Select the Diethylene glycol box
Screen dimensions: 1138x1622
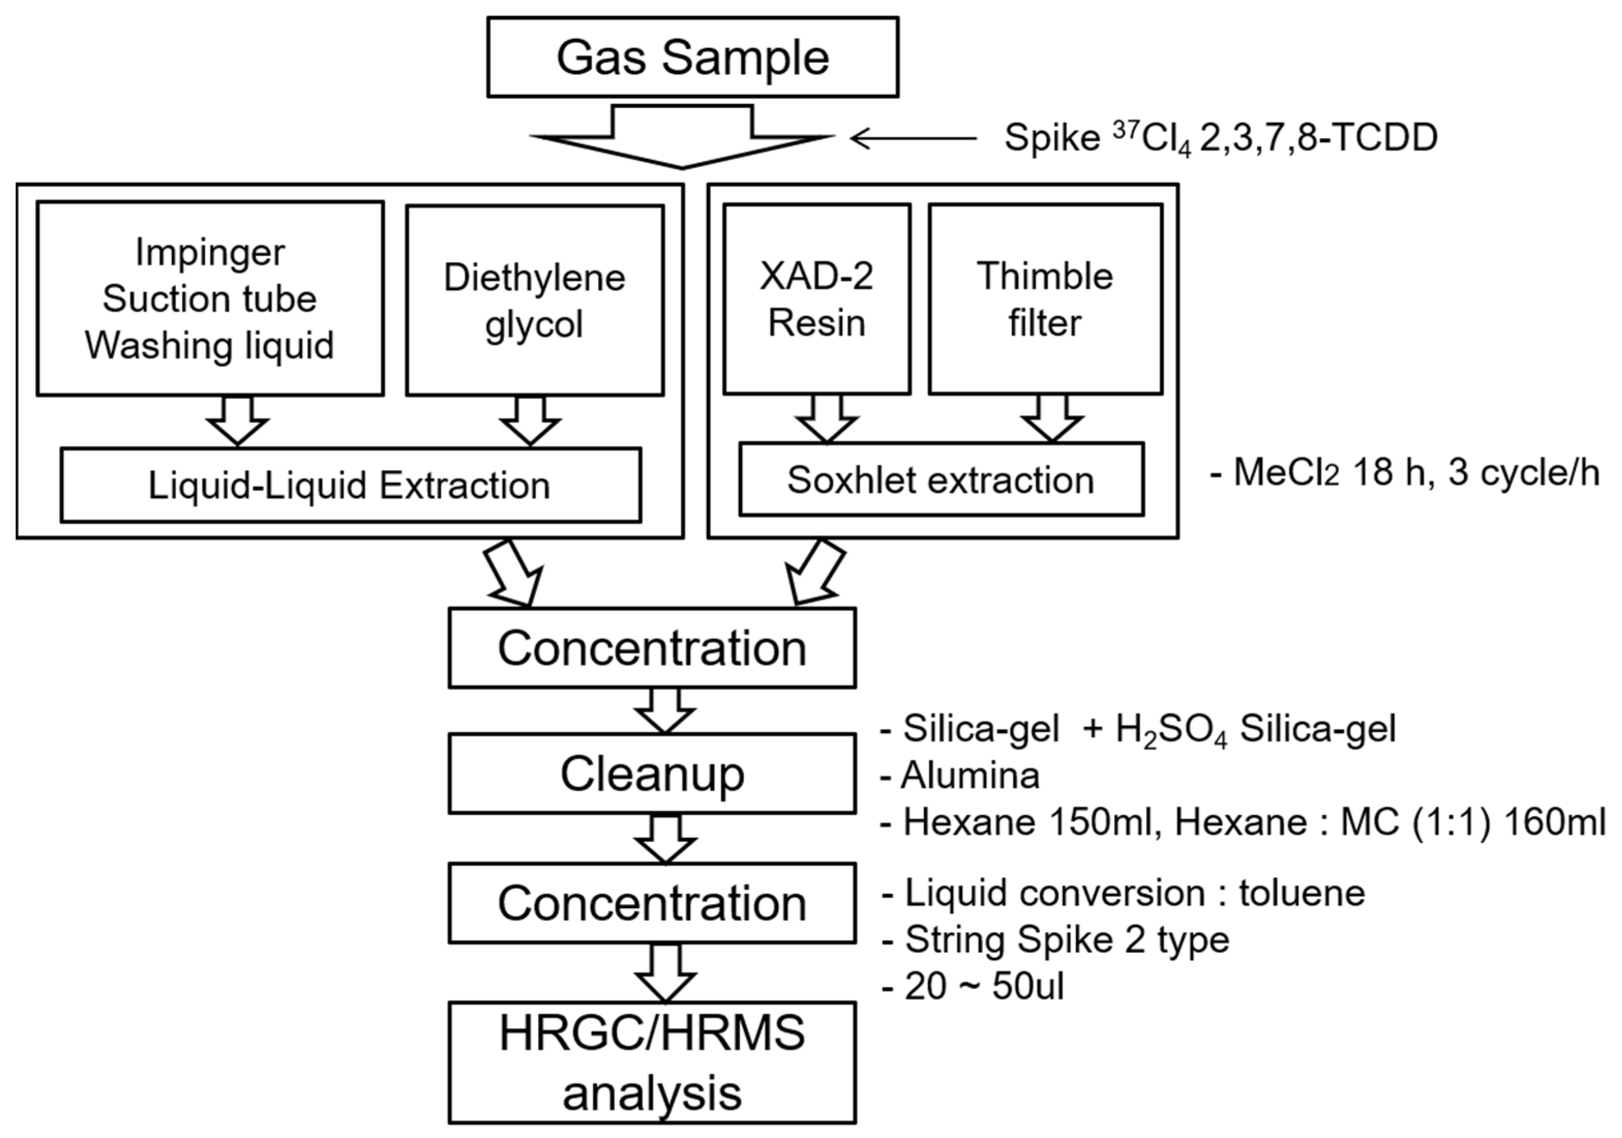coord(535,300)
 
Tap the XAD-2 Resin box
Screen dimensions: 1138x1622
coord(817,299)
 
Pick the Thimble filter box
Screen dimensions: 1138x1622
coord(1045,299)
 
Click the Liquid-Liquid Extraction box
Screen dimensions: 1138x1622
coord(350,485)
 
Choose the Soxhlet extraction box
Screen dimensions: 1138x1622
coord(941,480)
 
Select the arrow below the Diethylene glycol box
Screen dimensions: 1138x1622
coord(531,421)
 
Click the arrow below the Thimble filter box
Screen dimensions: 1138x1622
coord(1052,419)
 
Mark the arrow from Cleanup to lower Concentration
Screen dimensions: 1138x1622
coord(665,839)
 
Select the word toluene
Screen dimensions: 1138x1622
coord(1301,893)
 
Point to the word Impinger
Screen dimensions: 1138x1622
coord(210,253)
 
